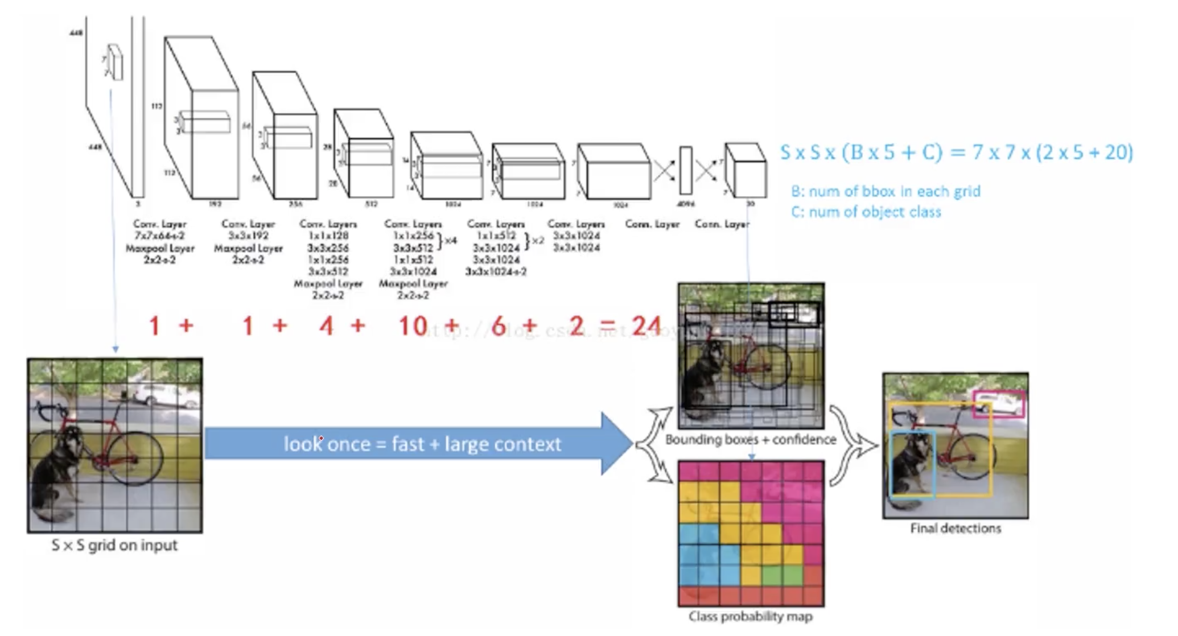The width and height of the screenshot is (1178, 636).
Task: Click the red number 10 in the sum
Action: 413,326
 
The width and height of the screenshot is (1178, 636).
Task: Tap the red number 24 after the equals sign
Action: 646,326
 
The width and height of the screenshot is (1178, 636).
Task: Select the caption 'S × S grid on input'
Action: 114,546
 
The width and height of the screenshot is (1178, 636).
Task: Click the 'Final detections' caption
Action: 955,528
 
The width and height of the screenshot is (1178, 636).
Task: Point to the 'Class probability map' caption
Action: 750,617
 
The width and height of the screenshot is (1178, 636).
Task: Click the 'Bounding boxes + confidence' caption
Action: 751,440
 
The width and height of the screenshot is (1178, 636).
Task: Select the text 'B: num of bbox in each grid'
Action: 885,191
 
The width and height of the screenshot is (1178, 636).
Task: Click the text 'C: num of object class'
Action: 866,212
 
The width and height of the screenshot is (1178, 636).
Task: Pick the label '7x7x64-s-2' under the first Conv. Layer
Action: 159,236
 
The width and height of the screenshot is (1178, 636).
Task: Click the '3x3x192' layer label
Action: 248,236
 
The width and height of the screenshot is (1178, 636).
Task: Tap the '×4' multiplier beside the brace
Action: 450,241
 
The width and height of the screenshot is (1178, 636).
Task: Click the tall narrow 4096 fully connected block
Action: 686,170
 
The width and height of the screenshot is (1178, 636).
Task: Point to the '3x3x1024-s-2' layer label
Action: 496,272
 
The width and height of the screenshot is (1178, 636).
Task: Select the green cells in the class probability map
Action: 781,575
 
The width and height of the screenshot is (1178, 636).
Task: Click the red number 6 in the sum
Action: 499,326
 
